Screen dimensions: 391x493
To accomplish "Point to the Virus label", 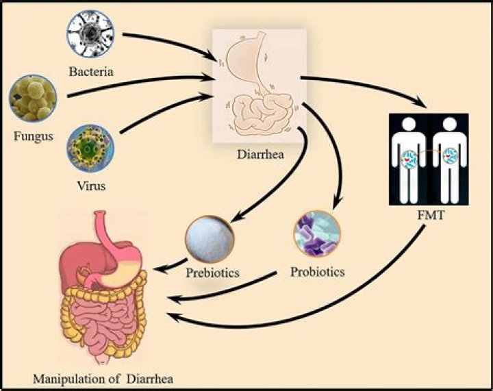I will point(92,186).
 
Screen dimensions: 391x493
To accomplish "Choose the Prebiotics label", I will point(212,273).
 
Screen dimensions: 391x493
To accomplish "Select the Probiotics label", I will point(317,271).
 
